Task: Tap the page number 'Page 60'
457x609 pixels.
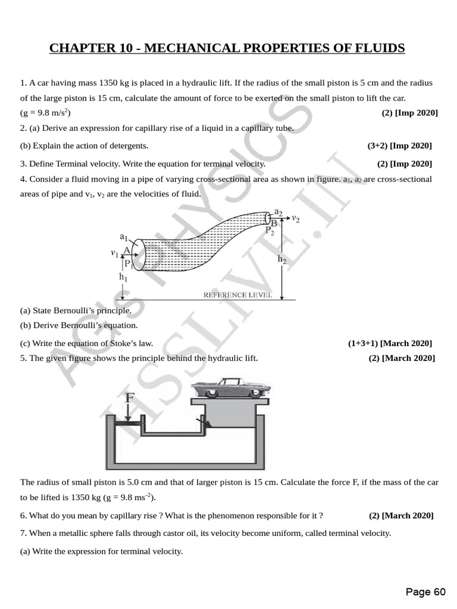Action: [425, 592]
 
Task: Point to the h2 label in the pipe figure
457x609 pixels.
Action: [281, 259]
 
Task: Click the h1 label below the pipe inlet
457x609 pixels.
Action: [123, 277]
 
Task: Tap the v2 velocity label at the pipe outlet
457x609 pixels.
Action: [295, 219]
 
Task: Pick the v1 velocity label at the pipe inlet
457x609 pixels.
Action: [114, 253]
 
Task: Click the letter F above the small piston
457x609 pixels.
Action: [130, 397]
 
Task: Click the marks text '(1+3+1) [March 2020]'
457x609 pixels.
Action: [390, 343]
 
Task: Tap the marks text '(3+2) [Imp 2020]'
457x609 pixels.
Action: [399, 146]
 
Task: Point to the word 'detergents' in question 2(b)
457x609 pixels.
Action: [130, 146]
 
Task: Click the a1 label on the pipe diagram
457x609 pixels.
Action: [123, 237]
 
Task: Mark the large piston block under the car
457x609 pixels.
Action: [231, 420]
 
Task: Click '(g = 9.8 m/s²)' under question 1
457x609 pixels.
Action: [46, 113]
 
